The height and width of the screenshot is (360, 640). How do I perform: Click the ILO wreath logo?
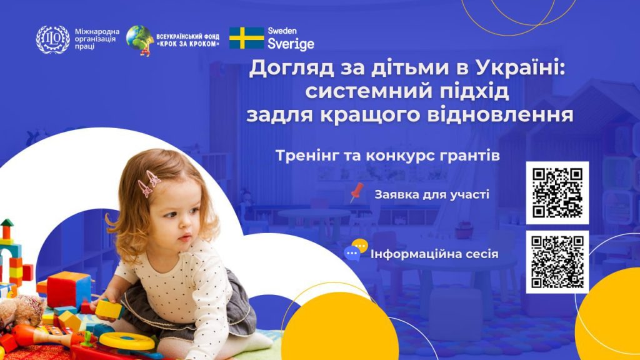pos(52,39)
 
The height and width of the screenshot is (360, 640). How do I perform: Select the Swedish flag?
pos(246,38)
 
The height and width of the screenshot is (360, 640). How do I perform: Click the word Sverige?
pos(291,44)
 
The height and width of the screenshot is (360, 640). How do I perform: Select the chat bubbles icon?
pos(356,250)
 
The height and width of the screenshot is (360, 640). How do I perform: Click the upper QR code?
pos(557,192)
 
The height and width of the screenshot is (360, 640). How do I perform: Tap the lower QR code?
pos(557,262)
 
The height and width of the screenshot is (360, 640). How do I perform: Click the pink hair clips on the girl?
pos(149,183)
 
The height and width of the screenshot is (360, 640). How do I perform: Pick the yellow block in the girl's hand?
pos(109,309)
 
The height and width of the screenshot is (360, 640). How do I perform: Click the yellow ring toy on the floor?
pos(127,341)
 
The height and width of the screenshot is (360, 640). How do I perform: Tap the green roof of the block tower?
pos(7,223)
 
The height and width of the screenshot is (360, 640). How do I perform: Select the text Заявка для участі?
pos(432,194)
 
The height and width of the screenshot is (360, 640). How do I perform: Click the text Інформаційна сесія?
pos(434,254)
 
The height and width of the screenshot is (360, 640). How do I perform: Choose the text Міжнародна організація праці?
pos(97,39)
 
